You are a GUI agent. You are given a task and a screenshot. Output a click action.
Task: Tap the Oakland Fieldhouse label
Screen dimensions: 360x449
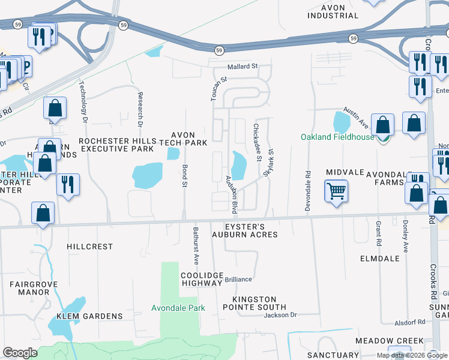(337, 137)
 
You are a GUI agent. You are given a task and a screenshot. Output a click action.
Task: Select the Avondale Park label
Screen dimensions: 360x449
(178, 308)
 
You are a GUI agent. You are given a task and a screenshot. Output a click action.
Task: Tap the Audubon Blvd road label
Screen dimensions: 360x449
(231, 194)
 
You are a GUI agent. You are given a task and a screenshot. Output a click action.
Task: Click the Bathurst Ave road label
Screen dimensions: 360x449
(196, 245)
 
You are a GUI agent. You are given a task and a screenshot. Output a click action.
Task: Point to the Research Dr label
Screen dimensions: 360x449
(139, 110)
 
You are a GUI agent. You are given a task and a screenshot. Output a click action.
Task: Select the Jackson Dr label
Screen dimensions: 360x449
(280, 315)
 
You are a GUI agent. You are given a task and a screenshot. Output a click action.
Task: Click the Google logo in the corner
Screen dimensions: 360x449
(20, 353)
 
